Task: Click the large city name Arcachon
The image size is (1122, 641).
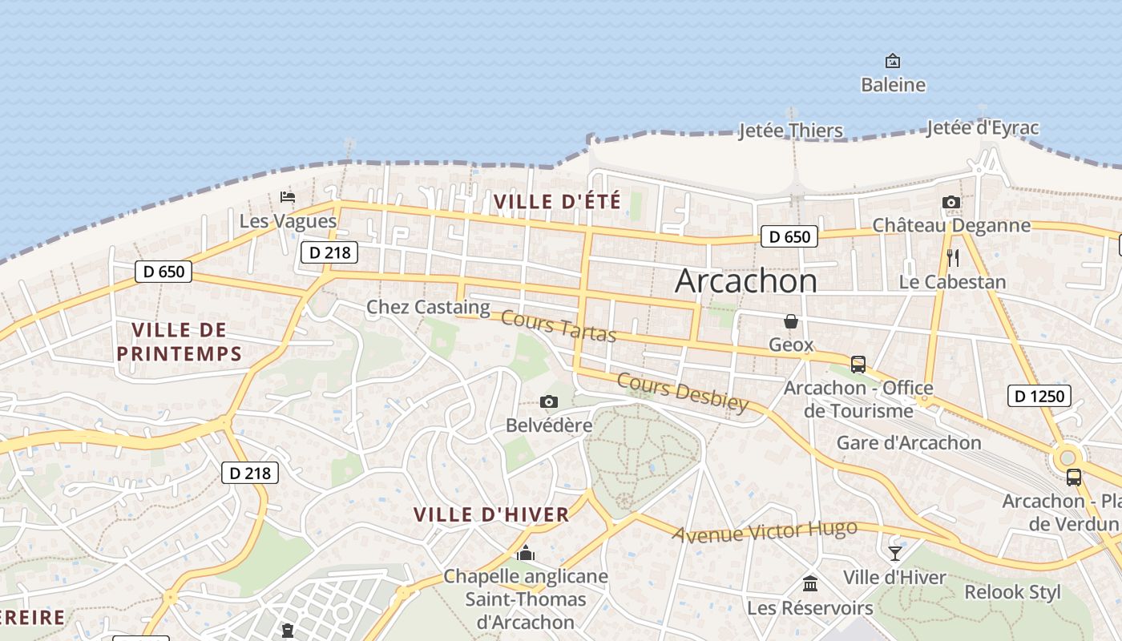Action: (x=746, y=281)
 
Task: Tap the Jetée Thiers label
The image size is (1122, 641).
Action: (x=790, y=131)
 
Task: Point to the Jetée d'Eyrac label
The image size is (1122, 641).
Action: (x=983, y=127)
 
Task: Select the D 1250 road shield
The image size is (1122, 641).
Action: (x=1039, y=396)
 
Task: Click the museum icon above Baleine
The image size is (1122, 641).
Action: (x=892, y=61)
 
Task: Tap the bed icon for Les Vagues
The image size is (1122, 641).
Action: (x=288, y=196)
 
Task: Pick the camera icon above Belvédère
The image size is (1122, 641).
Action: (x=549, y=401)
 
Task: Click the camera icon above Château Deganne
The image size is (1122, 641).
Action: (x=951, y=202)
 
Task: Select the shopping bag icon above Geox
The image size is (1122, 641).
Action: (x=791, y=321)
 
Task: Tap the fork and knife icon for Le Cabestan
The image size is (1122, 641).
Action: (x=953, y=258)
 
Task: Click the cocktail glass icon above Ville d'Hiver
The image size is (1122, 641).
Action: (x=894, y=553)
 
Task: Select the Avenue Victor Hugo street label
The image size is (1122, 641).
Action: (x=765, y=531)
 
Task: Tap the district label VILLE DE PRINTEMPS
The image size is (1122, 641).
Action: (x=179, y=341)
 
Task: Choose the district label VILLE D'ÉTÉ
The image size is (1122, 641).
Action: (x=558, y=201)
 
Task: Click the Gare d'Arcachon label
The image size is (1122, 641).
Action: (x=909, y=443)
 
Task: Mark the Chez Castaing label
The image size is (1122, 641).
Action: (x=428, y=307)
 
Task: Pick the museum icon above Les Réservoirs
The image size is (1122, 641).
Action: (x=810, y=583)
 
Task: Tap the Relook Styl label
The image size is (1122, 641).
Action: (x=1012, y=592)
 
